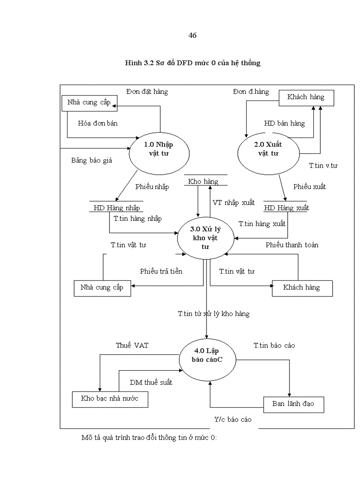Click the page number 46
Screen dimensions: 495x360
pyautogui.click(x=192, y=36)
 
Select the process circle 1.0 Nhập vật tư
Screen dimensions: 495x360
pyautogui.click(x=159, y=149)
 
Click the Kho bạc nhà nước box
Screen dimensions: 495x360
pyautogui.click(x=109, y=398)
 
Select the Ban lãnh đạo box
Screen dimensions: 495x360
pyautogui.click(x=293, y=404)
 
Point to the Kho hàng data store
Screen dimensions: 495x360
pyautogui.click(x=203, y=182)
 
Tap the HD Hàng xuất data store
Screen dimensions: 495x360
pyautogui.click(x=286, y=208)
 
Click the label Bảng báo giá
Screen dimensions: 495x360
pyautogui.click(x=92, y=160)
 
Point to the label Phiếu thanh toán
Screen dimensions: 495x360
pyautogui.click(x=292, y=245)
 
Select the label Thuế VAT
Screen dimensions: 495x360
pyautogui.click(x=132, y=346)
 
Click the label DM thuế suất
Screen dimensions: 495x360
pyautogui.click(x=151, y=382)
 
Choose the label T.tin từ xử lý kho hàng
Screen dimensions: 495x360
pyautogui.click(x=214, y=314)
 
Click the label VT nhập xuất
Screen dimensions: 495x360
pyautogui.click(x=233, y=203)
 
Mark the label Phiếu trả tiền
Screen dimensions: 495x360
pyautogui.click(x=161, y=271)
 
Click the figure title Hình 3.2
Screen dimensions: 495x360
pyautogui.click(x=192, y=63)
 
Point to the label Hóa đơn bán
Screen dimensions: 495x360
pyautogui.click(x=98, y=123)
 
